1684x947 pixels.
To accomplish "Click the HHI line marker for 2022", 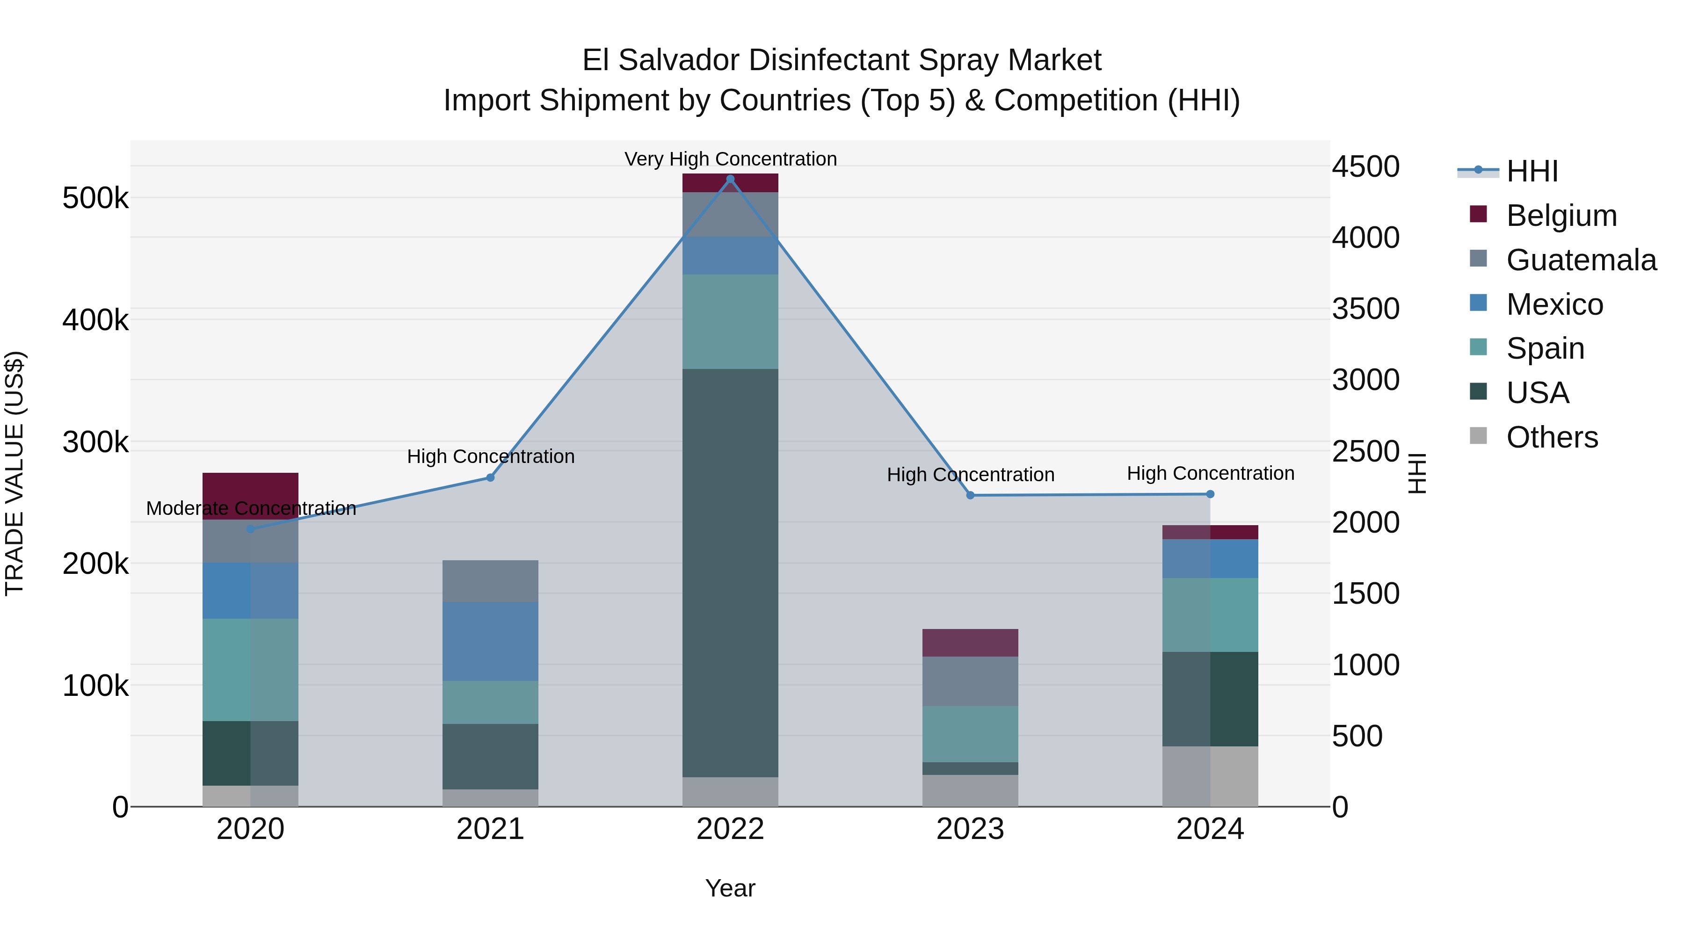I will coord(730,179).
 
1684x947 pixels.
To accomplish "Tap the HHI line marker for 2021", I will coord(490,478).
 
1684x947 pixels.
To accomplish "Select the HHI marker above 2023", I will coord(970,495).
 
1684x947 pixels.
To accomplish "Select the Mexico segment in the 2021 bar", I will coord(490,641).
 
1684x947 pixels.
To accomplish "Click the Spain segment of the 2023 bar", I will coord(970,734).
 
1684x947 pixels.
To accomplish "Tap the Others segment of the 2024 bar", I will coord(1210,776).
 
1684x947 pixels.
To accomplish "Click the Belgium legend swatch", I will coord(1478,214).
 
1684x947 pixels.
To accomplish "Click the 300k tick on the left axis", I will coord(95,442).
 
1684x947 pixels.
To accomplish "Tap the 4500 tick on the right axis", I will coord(1365,166).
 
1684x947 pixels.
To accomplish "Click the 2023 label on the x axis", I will coord(970,829).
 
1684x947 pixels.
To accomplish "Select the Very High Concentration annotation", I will coord(730,159).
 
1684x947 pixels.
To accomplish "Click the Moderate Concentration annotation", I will coord(251,508).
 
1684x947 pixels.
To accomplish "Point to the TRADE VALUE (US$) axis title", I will coord(15,473).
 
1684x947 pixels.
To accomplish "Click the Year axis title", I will coord(730,888).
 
